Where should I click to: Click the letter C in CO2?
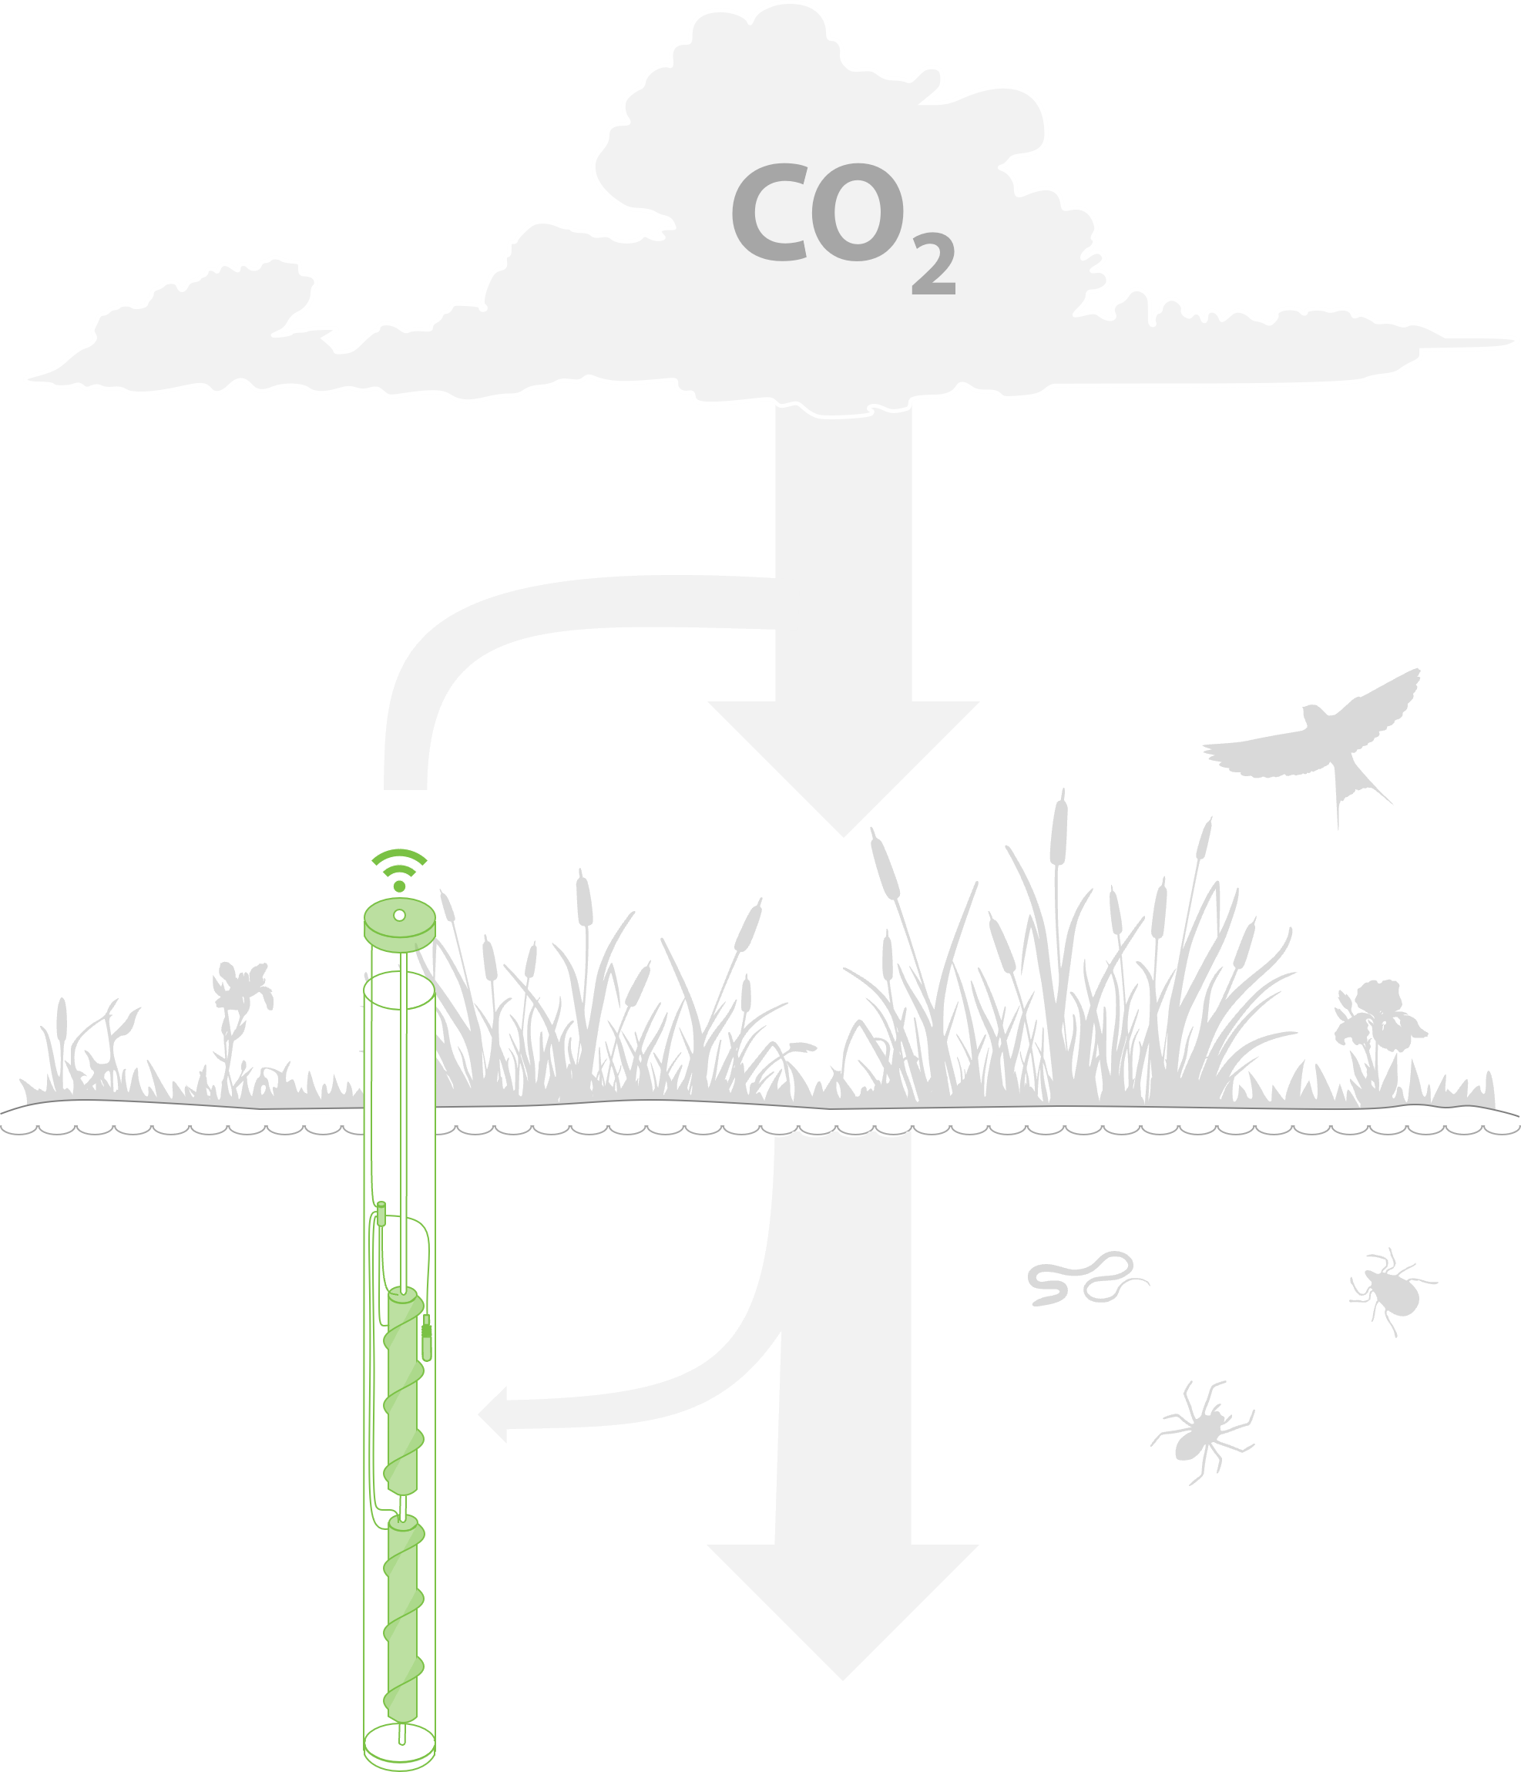(x=770, y=212)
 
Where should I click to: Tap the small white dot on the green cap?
(x=399, y=916)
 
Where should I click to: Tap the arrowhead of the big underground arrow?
(x=843, y=1612)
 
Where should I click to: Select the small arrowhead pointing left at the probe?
(x=492, y=1415)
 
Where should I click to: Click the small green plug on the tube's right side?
(x=427, y=1338)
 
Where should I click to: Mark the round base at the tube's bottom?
(x=399, y=1747)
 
